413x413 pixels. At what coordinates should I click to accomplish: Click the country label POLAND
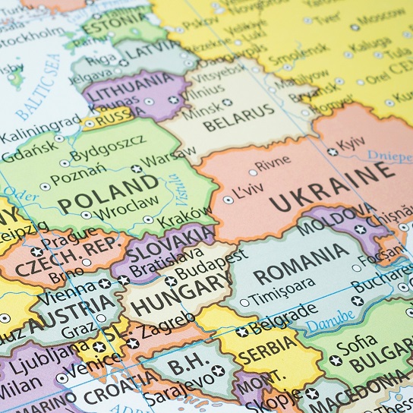click(x=109, y=194)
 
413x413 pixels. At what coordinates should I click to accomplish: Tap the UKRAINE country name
click(x=333, y=187)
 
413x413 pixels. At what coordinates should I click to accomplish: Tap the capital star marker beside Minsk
click(x=228, y=102)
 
